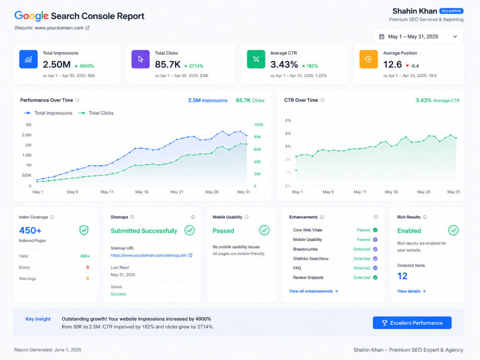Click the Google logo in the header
coord(31,16)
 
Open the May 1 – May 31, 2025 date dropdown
coord(418,36)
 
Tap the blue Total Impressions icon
coord(28,59)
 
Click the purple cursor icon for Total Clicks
coord(141,59)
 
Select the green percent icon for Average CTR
coord(256,59)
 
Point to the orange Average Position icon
coord(369,59)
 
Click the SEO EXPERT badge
coord(451,11)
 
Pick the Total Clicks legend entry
coord(96,113)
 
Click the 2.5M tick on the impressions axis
coord(26,135)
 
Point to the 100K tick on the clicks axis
coord(258,125)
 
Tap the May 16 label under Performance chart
coord(142,192)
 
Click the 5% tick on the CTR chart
coord(288,120)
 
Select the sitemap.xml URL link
coord(148,255)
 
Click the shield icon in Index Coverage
coord(84,230)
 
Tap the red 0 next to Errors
coord(87,267)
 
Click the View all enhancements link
coord(313,291)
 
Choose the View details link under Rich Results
coord(411,291)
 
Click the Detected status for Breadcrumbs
coord(361,249)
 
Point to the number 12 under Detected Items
coord(402,276)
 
